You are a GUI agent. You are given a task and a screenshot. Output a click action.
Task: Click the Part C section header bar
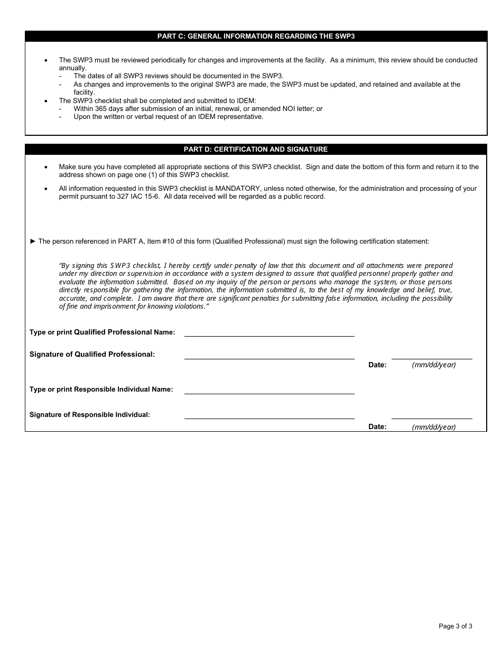256,36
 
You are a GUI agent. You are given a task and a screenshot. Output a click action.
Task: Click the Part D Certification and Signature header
256,150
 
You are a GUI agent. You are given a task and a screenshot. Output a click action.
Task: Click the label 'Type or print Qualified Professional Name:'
102,332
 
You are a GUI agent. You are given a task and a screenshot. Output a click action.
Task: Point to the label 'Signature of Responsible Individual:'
90,415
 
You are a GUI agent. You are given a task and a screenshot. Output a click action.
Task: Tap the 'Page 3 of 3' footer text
455,626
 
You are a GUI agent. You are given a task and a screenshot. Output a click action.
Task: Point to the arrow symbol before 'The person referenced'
33,242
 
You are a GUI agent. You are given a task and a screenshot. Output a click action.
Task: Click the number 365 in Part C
101,109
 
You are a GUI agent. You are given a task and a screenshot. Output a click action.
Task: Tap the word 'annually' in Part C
72,68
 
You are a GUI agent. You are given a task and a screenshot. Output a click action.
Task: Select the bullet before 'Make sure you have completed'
47,167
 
